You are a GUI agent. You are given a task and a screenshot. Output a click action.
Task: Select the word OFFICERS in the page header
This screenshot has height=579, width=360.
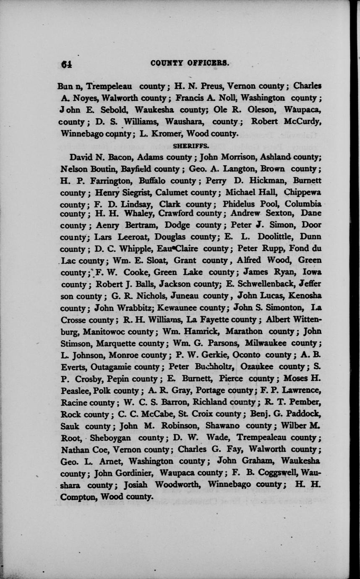pos(208,63)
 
